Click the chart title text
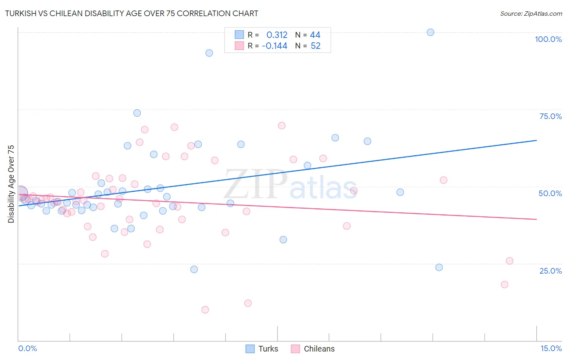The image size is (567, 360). coord(131,13)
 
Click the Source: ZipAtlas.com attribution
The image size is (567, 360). coord(531,13)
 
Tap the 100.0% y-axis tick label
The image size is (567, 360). coord(548,39)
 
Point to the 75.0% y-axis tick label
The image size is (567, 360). coord(550,116)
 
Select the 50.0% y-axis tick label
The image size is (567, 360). coord(550,193)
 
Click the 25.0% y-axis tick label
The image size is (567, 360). coord(550,271)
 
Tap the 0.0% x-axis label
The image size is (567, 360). coord(27,348)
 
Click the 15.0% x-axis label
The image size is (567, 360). coord(551,348)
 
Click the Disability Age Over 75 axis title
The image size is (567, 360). coord(11,184)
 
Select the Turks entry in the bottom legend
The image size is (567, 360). coord(268,349)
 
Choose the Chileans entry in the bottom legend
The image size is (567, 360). coord(319,349)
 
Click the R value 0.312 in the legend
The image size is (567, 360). coord(277,35)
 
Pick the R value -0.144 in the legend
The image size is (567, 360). coord(275,46)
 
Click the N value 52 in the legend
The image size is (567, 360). coord(315,46)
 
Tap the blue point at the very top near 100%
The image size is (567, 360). coord(430,32)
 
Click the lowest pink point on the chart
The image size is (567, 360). coord(205,310)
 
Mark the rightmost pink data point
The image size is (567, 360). coord(509,261)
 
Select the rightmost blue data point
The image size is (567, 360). coord(439,267)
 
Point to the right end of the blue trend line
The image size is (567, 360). coord(536,140)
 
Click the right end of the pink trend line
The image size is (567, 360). coord(536,219)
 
